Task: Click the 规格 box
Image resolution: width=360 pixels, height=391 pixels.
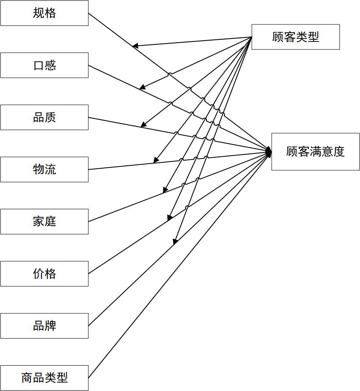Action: (44, 13)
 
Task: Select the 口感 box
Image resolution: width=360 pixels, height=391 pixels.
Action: (44, 65)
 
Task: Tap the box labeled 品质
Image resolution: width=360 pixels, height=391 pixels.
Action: (44, 117)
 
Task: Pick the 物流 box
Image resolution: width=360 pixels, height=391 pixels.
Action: (44, 170)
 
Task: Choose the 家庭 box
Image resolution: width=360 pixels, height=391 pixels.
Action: (44, 221)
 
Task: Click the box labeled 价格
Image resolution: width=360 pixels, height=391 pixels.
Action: (44, 273)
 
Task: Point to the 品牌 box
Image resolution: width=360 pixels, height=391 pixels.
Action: (44, 326)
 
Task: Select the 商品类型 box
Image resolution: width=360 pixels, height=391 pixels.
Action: (44, 378)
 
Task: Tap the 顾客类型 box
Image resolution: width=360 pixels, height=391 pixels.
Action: (295, 37)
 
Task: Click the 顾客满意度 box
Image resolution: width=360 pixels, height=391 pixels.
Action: (315, 152)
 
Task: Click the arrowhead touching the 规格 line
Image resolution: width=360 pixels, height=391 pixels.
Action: (135, 46)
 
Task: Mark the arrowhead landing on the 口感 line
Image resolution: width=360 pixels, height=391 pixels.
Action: (143, 87)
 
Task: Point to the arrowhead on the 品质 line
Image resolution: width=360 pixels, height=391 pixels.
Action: (143, 125)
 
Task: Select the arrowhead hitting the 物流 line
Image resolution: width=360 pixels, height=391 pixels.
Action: (156, 160)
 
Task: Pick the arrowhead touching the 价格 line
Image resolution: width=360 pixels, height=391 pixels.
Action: (170, 218)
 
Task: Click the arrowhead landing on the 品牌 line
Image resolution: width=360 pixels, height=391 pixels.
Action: (175, 242)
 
